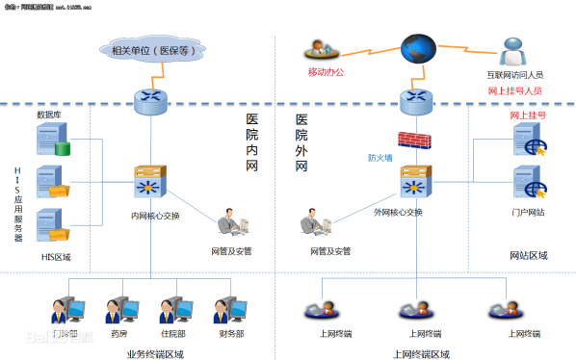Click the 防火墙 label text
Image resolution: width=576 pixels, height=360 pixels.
tap(380, 158)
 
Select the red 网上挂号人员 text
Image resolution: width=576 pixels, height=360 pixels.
tap(514, 90)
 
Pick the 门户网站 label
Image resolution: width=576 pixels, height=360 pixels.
tap(528, 212)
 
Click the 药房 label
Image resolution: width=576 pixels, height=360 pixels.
tap(119, 333)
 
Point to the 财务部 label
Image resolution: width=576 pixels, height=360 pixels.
tap(231, 333)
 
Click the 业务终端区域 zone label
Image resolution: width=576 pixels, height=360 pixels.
tap(155, 353)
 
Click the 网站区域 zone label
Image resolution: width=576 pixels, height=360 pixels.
tap(528, 255)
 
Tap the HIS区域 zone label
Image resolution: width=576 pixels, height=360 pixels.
tap(56, 257)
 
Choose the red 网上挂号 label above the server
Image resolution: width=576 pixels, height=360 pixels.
tap(528, 115)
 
